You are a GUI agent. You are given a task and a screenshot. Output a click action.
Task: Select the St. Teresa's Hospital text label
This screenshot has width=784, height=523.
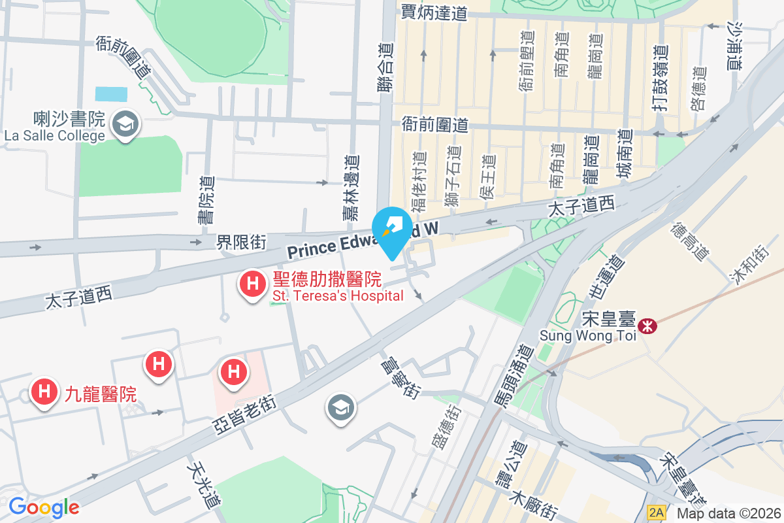(x=337, y=296)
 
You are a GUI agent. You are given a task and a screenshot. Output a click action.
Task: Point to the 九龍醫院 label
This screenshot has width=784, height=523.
(x=100, y=394)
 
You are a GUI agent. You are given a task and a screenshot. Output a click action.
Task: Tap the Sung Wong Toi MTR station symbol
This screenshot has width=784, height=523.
(x=647, y=325)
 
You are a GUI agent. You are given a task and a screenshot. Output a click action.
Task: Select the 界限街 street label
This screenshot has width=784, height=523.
(x=241, y=243)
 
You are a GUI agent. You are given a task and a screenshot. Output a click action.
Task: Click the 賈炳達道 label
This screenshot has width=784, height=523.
(x=435, y=12)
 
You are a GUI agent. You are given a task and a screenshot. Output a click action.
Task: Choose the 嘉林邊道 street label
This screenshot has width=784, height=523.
(x=351, y=186)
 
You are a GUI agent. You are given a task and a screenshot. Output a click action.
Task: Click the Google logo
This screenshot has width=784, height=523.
(x=44, y=507)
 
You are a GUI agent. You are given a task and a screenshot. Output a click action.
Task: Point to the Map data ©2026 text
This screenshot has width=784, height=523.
(x=728, y=514)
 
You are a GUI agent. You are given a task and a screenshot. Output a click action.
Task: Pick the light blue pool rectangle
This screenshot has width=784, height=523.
(x=111, y=93)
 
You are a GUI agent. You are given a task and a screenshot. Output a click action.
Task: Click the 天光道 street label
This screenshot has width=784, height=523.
(x=203, y=485)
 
